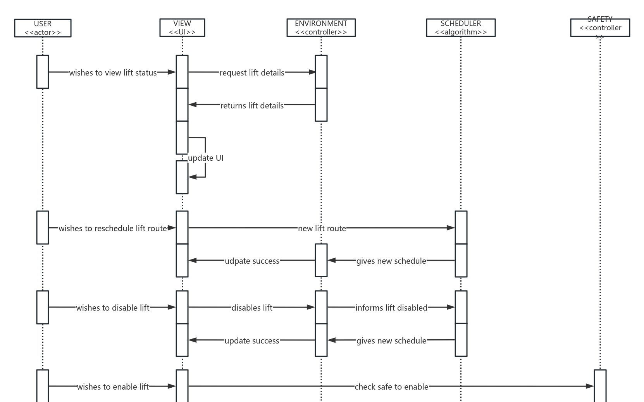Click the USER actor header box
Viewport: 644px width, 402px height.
click(x=43, y=28)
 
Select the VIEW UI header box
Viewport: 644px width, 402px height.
click(x=182, y=27)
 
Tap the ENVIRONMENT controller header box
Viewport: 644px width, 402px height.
click(x=321, y=27)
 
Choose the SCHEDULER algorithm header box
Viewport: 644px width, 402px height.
click(x=461, y=27)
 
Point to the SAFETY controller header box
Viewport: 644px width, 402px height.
click(x=600, y=27)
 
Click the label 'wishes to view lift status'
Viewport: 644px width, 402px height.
click(x=113, y=73)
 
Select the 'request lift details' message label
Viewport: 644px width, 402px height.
click(x=252, y=73)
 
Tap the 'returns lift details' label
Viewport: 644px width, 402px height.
click(x=252, y=106)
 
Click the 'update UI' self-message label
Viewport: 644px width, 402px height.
click(x=206, y=158)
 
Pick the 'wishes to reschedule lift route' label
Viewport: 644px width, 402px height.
click(x=113, y=228)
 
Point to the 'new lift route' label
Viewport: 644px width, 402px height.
click(x=322, y=228)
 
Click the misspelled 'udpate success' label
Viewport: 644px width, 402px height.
click(x=252, y=261)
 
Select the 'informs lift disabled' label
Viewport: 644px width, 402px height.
click(x=391, y=308)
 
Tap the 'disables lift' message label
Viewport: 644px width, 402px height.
click(x=252, y=308)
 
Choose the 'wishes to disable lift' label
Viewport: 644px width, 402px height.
click(x=113, y=308)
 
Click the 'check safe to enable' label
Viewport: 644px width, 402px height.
click(x=391, y=387)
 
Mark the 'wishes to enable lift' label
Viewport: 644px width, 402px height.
click(x=113, y=387)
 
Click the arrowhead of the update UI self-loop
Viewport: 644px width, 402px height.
click(x=192, y=177)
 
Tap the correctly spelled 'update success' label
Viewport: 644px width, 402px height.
click(x=252, y=341)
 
